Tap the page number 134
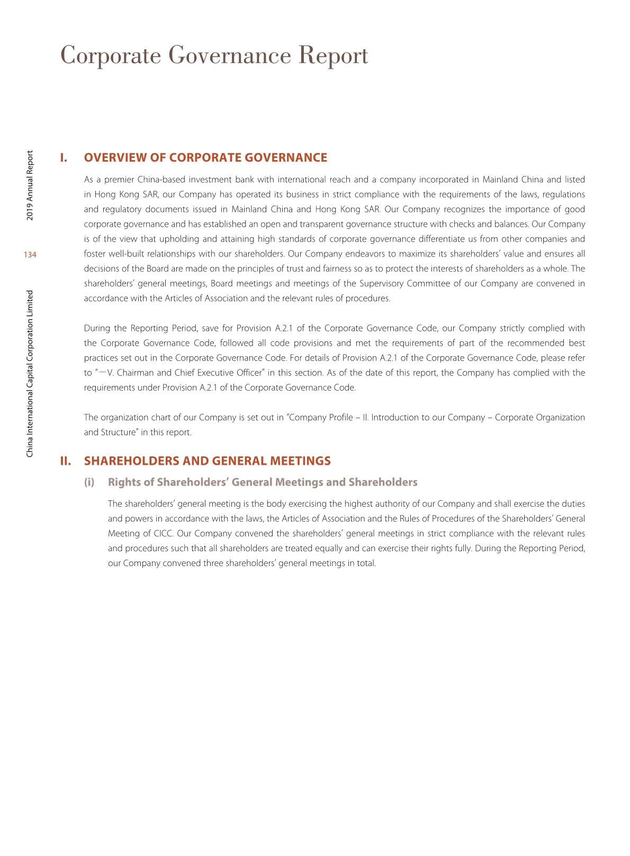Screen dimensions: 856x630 (x=30, y=255)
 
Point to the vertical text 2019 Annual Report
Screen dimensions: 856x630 (x=30, y=186)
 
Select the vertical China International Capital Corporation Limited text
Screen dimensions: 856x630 (x=30, y=374)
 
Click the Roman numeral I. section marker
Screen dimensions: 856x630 (x=64, y=157)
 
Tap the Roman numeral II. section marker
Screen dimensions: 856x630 (x=66, y=461)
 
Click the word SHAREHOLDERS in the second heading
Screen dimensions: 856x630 (x=132, y=461)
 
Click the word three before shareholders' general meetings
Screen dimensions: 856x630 (x=213, y=563)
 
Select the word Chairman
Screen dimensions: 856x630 (x=136, y=373)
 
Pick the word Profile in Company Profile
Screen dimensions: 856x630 (x=340, y=417)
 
